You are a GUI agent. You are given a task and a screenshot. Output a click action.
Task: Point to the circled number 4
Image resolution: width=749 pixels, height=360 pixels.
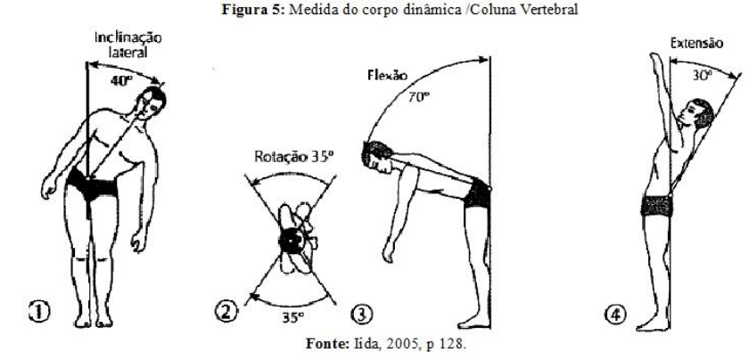tap(623, 312)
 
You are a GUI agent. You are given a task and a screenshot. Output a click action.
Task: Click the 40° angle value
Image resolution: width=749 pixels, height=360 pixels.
tap(119, 79)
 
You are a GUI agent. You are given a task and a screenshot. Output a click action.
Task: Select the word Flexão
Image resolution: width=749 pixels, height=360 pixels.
tap(385, 78)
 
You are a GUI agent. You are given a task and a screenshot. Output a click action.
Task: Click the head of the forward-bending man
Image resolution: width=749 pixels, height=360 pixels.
tap(374, 156)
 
